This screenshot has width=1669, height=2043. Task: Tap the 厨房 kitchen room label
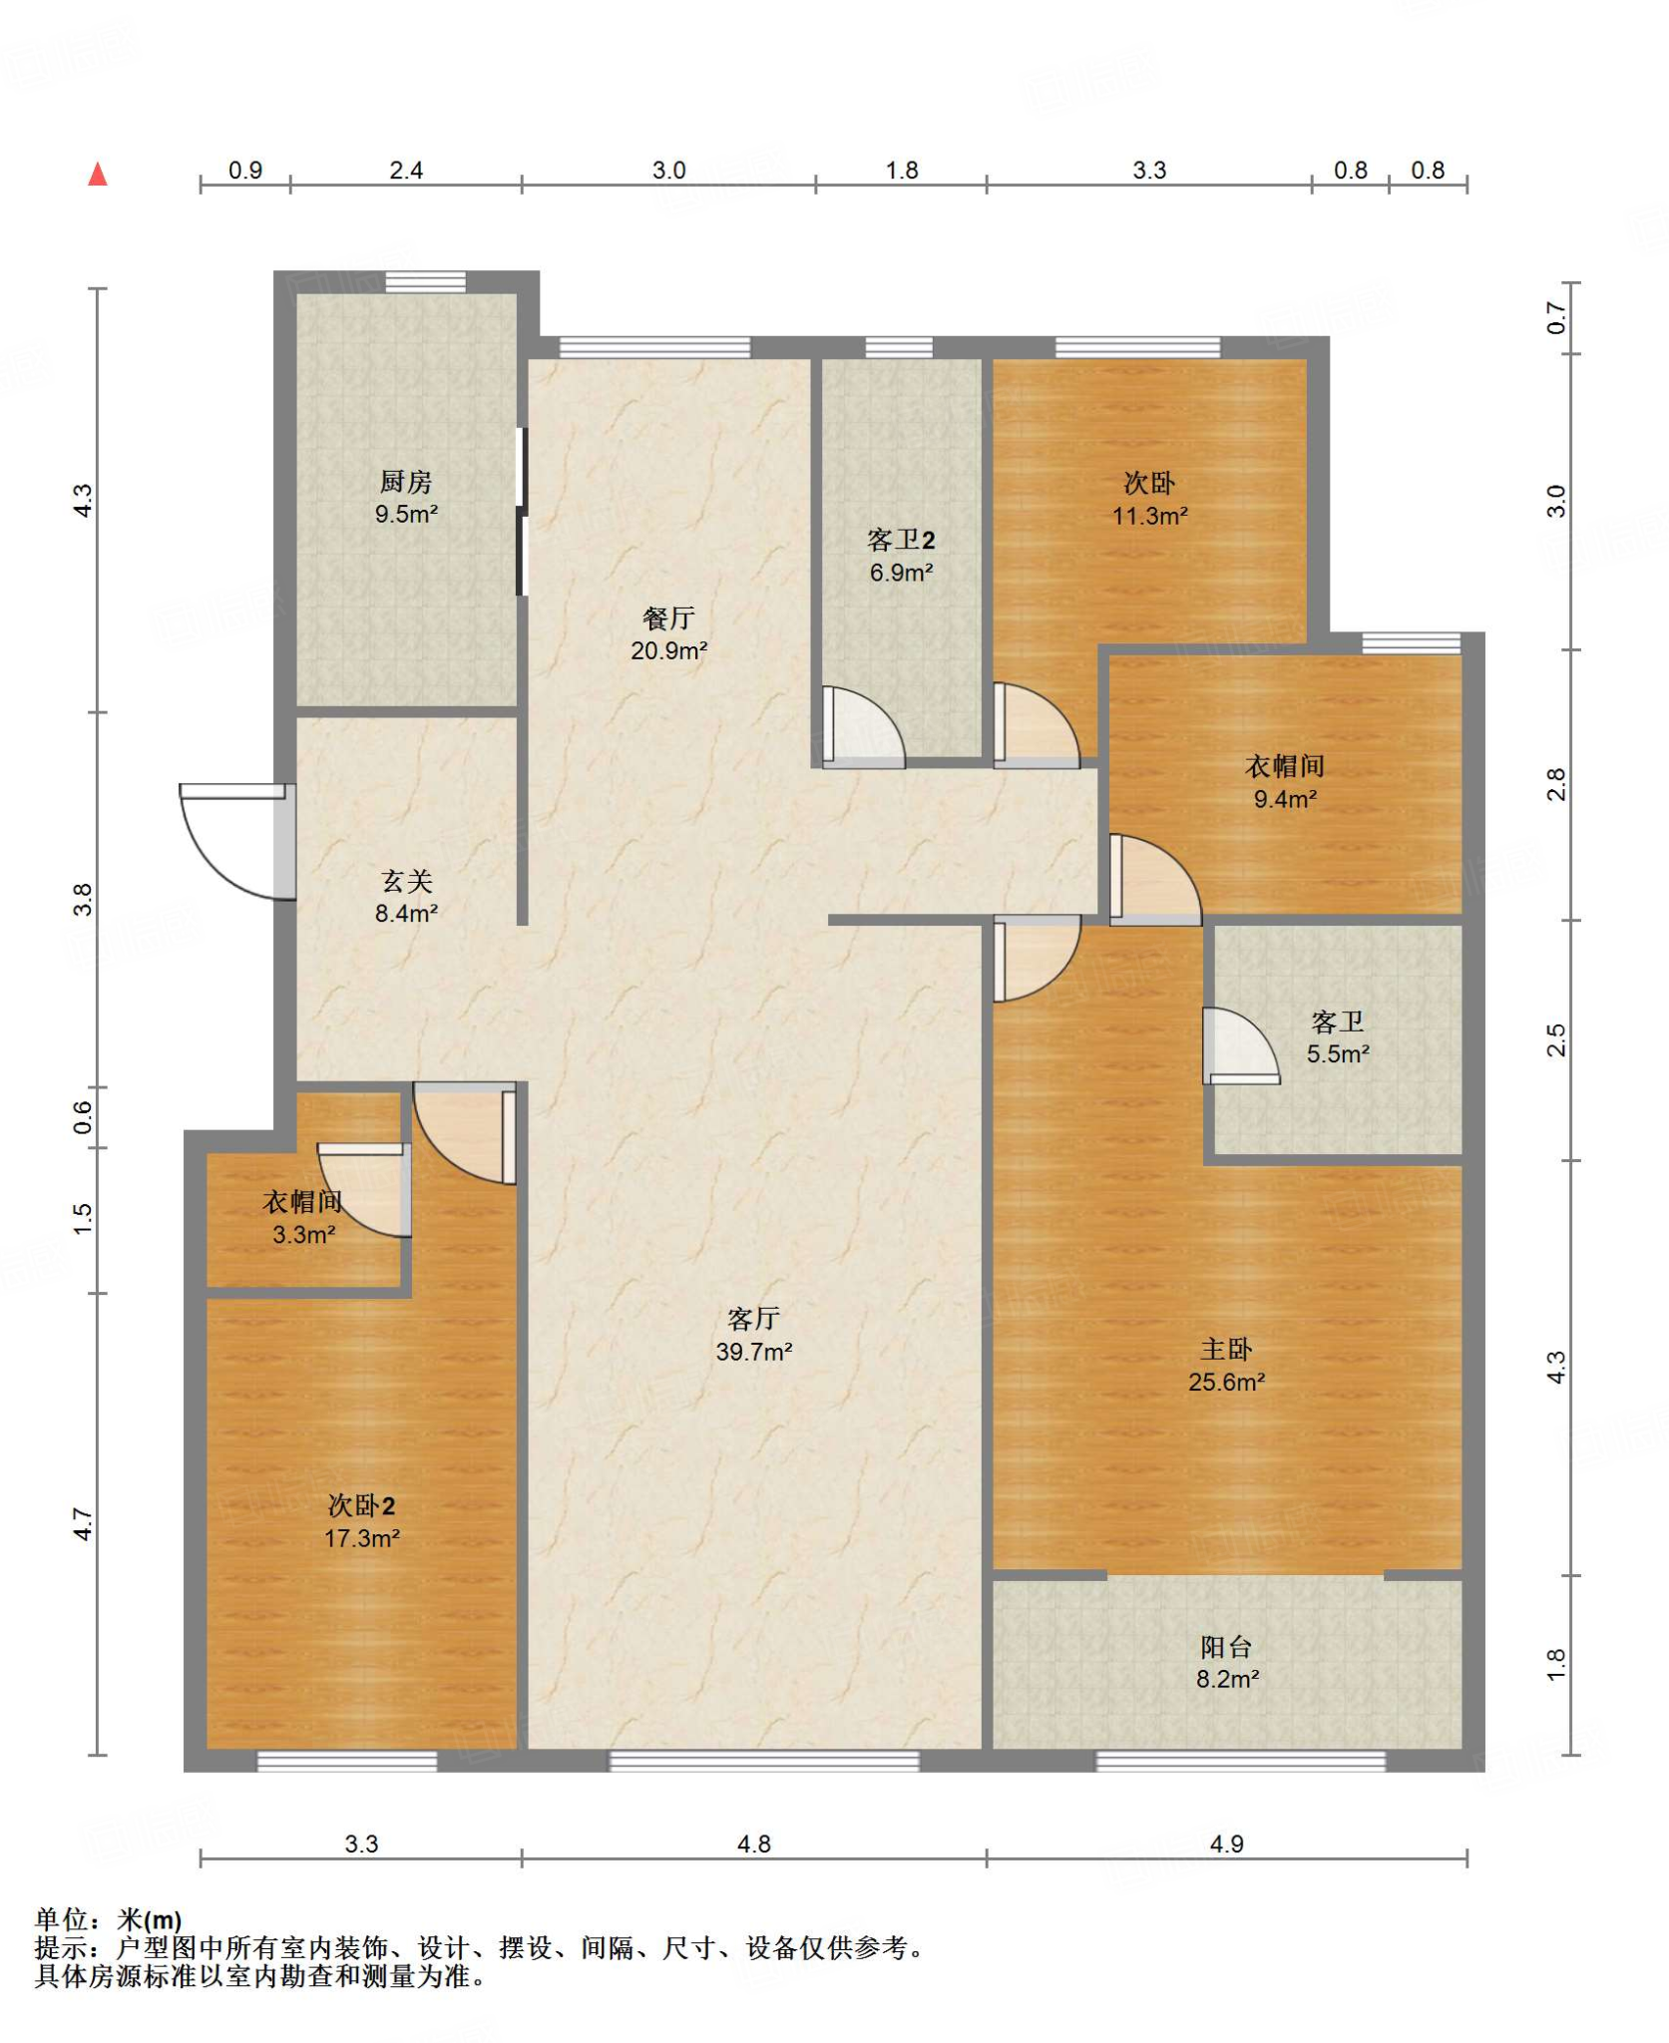[406, 482]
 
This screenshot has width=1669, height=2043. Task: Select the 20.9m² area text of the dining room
[668, 650]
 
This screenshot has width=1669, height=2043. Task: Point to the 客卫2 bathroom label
[901, 540]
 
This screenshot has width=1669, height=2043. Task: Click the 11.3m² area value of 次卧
[1149, 516]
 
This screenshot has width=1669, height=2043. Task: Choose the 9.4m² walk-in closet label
[1285, 799]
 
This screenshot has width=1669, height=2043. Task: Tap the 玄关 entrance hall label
[406, 881]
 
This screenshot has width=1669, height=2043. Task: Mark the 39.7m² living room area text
[753, 1352]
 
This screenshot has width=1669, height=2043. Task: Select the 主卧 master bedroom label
[1226, 1350]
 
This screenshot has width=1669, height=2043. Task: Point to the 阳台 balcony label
[1226, 1647]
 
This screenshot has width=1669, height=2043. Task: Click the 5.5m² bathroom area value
[1338, 1053]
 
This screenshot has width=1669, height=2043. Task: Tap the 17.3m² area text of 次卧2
[361, 1538]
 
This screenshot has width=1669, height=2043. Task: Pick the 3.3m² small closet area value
[303, 1234]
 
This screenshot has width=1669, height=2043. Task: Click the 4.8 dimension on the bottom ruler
[753, 1843]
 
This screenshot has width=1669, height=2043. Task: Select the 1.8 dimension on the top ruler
[901, 171]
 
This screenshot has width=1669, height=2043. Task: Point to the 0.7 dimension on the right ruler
[1556, 318]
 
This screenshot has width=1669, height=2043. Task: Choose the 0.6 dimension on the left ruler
[83, 1117]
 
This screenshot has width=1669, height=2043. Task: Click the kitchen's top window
[425, 281]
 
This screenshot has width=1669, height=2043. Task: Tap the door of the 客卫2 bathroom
[863, 727]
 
